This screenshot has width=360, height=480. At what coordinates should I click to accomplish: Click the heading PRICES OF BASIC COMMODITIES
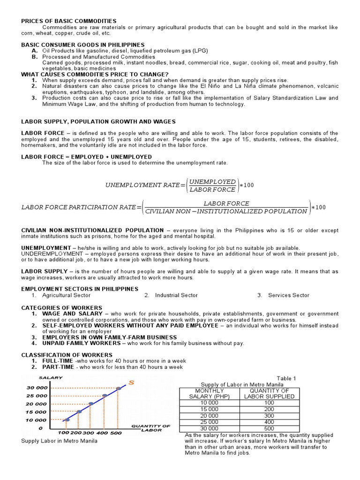[68, 21]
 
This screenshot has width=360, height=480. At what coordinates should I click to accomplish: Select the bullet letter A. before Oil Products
[35, 51]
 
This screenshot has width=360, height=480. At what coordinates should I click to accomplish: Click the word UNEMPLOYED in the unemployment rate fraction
[212, 181]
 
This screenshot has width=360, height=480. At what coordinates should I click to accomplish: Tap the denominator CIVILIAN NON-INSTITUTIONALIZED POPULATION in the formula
[226, 211]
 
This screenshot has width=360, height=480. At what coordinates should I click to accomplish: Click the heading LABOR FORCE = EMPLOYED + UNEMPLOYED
[86, 157]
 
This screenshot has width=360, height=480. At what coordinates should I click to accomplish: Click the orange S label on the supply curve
[131, 383]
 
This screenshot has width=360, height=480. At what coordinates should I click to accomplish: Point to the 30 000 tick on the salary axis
[36, 388]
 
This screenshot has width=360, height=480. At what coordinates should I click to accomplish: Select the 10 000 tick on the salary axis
[36, 420]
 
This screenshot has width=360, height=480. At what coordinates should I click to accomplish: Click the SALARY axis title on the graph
[48, 378]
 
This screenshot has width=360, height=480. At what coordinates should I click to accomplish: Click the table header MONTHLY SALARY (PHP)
[210, 393]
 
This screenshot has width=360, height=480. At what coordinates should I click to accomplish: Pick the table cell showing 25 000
[210, 422]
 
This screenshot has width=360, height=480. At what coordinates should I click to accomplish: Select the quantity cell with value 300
[269, 416]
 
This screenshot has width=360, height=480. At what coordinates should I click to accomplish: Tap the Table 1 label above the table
[286, 378]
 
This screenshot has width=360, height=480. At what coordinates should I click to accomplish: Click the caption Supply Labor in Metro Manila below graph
[60, 441]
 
